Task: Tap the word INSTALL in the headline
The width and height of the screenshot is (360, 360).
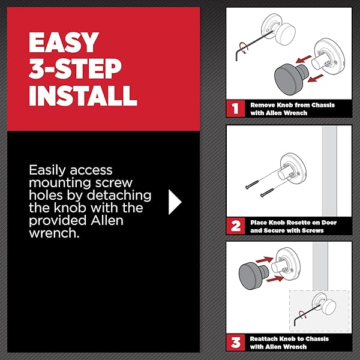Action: pos(83,96)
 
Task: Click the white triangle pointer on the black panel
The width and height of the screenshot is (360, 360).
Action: pos(175,202)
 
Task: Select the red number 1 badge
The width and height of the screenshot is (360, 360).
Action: pos(235,109)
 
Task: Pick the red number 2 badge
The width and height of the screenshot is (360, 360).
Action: pos(236,226)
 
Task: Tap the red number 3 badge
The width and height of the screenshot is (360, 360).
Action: pos(236,343)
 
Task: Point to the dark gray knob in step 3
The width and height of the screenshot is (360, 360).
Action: pos(253,275)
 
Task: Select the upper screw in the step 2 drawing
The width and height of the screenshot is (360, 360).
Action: pos(252,185)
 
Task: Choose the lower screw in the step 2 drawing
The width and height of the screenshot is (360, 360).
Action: pos(267,193)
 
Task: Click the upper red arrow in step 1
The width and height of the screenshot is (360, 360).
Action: pos(304,59)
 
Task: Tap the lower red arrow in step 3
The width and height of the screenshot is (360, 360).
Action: pos(275,279)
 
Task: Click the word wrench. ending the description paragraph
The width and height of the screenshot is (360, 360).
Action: pos(54,233)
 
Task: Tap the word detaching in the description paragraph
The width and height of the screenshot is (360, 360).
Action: pos(119,196)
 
